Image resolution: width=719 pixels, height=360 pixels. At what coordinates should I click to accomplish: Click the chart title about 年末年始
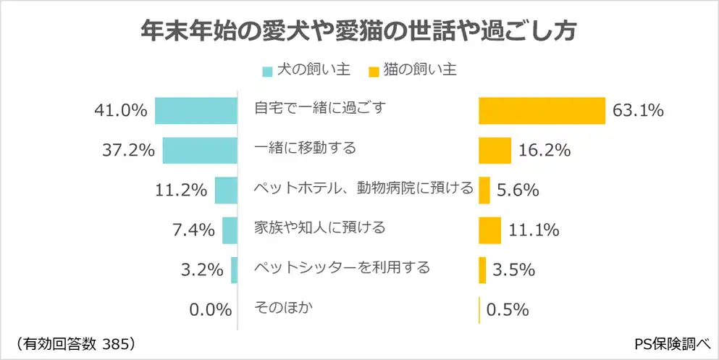(x=358, y=33)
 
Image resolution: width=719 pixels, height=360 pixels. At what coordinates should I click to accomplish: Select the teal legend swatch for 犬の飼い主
(x=267, y=71)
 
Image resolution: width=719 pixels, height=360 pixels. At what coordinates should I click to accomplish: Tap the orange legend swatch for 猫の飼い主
(x=374, y=71)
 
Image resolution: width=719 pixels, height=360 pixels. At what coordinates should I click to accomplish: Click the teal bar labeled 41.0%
(x=196, y=110)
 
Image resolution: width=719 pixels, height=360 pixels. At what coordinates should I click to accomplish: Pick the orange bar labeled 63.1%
(x=542, y=110)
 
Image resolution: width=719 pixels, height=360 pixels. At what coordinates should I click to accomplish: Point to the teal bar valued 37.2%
(x=200, y=150)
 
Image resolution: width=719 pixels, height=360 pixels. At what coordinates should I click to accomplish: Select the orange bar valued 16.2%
(x=495, y=150)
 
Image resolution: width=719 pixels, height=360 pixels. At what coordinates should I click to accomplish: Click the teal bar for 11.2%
(x=227, y=190)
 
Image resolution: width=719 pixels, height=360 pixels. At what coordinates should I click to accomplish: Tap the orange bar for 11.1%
(x=489, y=230)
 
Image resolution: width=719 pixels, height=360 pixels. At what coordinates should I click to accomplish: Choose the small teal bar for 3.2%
(x=235, y=270)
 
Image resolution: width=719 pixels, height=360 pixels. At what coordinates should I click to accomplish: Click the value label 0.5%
(x=507, y=310)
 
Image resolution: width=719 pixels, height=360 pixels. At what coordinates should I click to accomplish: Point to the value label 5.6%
(x=518, y=191)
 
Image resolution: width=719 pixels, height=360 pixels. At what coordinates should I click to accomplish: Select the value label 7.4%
(x=193, y=230)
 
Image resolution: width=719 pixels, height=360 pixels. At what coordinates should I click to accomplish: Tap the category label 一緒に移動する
(x=306, y=148)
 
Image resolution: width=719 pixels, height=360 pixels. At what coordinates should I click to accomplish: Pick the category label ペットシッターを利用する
(x=342, y=267)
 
